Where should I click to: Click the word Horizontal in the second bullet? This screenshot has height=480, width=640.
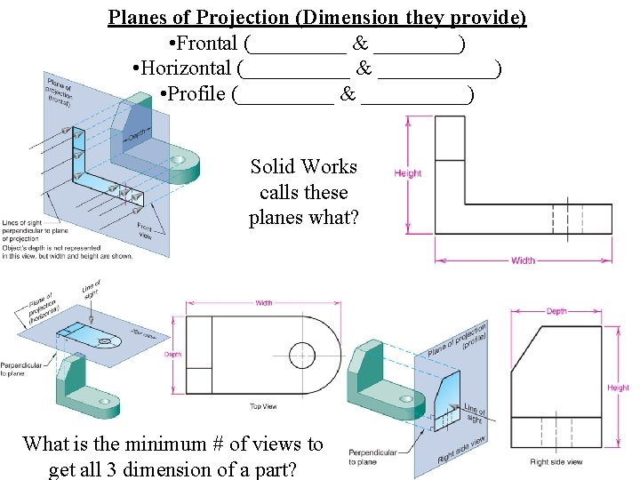[186, 68]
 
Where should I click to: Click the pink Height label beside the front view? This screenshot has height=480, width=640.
[408, 173]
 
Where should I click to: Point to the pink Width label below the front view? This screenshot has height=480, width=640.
[523, 260]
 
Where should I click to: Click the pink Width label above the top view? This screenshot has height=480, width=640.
[264, 303]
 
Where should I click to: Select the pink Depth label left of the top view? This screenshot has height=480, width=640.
[172, 354]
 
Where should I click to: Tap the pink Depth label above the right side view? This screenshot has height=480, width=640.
[556, 311]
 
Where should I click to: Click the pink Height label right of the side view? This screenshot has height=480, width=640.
[618, 388]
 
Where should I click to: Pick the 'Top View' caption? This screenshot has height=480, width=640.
[263, 406]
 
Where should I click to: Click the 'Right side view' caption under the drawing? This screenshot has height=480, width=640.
[556, 461]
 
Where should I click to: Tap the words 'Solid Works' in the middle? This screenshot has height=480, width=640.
[303, 167]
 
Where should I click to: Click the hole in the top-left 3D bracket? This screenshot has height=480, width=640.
[182, 159]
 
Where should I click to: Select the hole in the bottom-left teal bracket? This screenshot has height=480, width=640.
[105, 402]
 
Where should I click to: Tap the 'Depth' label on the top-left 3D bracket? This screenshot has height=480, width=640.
[136, 135]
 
